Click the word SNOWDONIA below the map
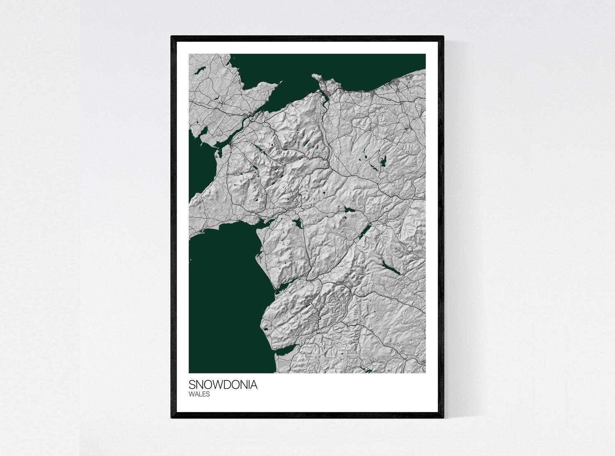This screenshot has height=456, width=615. [223, 385]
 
